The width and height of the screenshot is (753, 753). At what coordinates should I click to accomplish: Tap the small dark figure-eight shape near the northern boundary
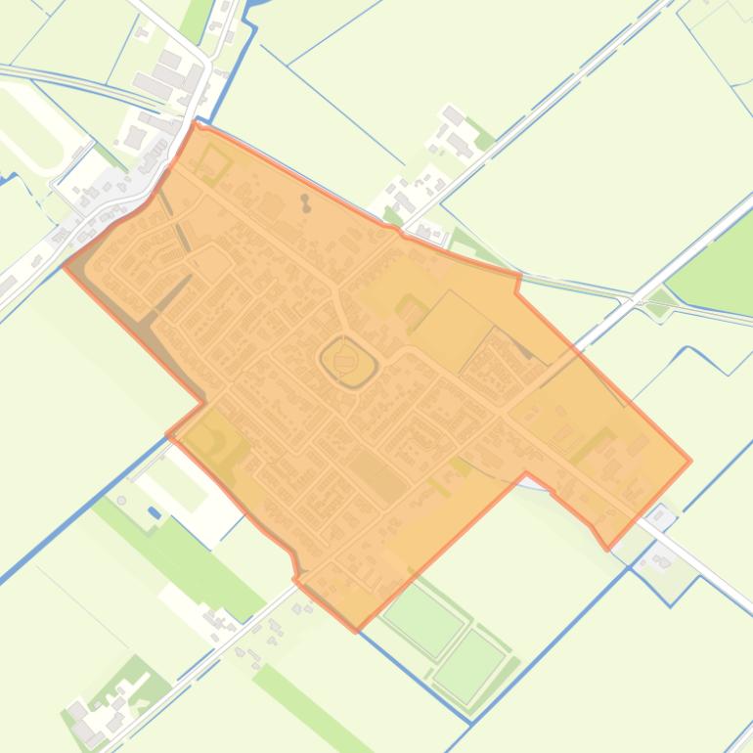coord(306,202)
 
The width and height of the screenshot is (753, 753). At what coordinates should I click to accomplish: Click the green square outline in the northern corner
coord(212,164)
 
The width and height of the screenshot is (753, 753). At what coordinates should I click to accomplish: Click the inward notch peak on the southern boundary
coord(527,475)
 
